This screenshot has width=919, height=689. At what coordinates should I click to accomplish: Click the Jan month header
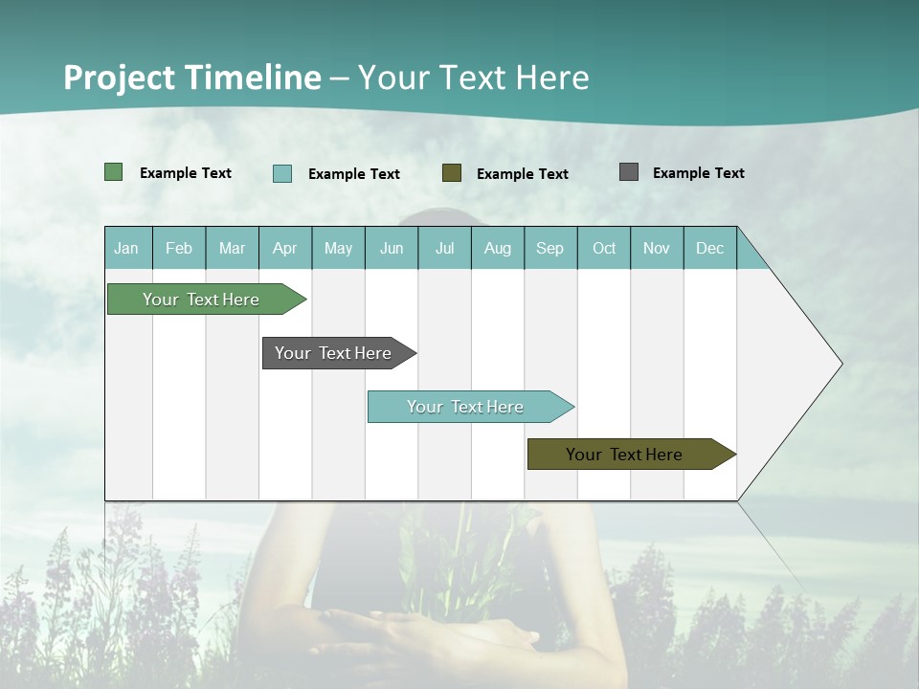[x=126, y=249]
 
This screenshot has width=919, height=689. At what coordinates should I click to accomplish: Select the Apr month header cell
[x=284, y=249]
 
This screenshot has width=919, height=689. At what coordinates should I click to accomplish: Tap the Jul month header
[x=444, y=249]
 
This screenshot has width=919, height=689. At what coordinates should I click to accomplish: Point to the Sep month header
[x=549, y=249]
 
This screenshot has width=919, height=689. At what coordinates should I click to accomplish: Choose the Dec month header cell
[x=709, y=249]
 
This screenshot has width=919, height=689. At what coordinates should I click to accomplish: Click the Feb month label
[x=179, y=249]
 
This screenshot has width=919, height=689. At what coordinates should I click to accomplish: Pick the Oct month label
[x=604, y=249]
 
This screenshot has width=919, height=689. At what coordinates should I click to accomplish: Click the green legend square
[x=114, y=172]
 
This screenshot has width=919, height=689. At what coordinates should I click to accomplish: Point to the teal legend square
[x=282, y=173]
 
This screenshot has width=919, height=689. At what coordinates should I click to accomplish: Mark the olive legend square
[x=452, y=172]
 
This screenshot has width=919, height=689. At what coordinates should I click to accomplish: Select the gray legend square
[x=629, y=172]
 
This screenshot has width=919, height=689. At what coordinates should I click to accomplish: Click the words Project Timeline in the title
[x=191, y=78]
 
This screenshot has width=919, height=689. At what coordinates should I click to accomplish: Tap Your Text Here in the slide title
[x=474, y=78]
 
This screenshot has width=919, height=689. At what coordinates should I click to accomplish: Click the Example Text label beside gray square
[x=698, y=173]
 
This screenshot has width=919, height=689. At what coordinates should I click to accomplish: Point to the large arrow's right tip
[x=841, y=364]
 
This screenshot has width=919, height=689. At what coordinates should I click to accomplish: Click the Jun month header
[x=392, y=249]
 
